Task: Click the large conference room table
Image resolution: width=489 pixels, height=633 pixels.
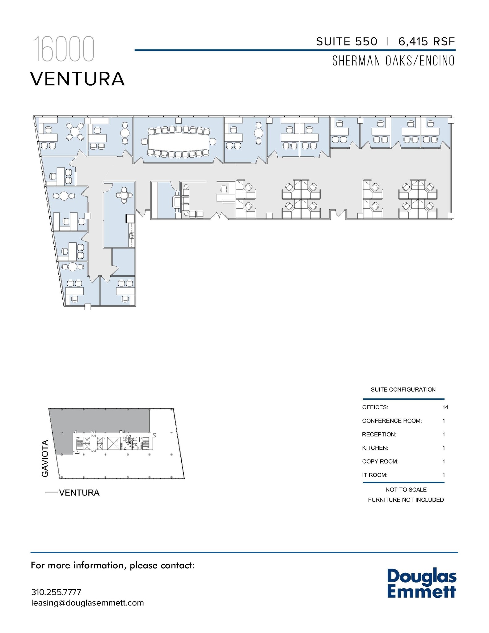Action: pos(178,142)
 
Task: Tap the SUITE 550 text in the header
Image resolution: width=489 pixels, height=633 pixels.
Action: pos(347,41)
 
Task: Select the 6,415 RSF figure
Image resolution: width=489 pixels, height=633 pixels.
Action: pos(426,41)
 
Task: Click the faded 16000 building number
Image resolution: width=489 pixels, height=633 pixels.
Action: pos(63,49)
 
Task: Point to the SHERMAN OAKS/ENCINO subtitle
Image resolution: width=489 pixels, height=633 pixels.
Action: pos(393,61)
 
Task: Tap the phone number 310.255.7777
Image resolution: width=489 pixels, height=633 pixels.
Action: pos(56,592)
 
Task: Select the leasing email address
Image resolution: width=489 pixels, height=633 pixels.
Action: pos(87,603)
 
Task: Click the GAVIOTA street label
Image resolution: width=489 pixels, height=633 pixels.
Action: pos(45,458)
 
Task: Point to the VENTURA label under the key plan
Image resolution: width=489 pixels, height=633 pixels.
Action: pos(79,493)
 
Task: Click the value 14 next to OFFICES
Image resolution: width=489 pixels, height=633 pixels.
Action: pos(445,407)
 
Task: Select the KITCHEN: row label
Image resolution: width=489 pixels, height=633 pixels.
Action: pos(375,448)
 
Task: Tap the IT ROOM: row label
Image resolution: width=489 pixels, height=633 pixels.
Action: pos(375,475)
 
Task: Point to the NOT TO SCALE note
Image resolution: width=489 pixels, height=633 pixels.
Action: pos(406,490)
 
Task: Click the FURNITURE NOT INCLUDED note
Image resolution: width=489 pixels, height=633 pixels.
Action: pos(406,500)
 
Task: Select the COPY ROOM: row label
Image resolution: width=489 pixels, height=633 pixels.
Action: pos(380,461)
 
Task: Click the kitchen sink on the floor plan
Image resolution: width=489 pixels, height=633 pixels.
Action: pos(132,236)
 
